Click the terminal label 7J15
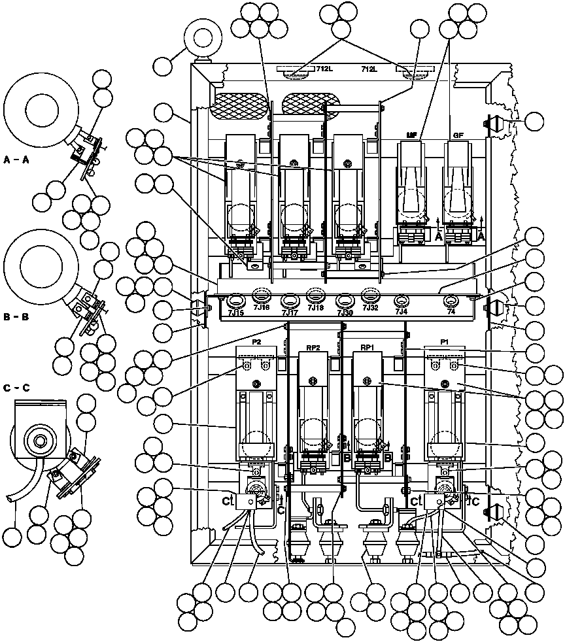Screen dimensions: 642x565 [x=235, y=313]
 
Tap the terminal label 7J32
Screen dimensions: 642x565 [x=370, y=308]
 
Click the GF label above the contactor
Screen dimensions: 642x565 [x=458, y=135]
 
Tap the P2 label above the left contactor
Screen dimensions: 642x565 [x=256, y=342]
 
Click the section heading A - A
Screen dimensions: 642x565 [x=16, y=160]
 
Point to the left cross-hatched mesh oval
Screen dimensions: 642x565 [x=239, y=105]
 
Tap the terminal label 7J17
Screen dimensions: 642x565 [x=289, y=313]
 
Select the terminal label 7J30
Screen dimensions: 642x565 [x=345, y=313]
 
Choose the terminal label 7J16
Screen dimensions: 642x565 [x=262, y=307]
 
